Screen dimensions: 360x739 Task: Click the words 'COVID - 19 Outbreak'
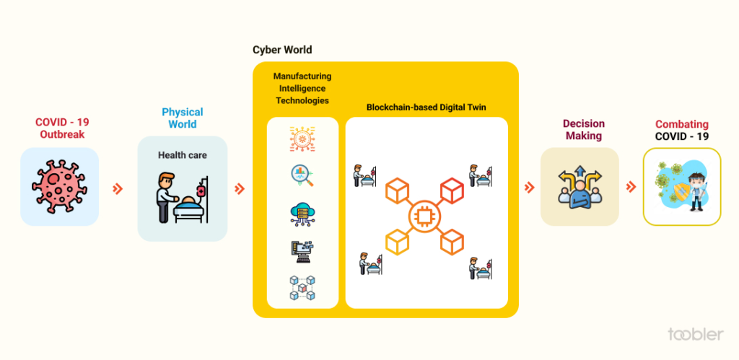[x=62, y=128]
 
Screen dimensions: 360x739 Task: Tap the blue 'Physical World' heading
[x=182, y=118]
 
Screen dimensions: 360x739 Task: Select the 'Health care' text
[x=182, y=155]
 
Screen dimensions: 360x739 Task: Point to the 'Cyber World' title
[x=282, y=50]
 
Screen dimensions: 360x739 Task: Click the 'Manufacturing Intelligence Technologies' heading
[x=302, y=88]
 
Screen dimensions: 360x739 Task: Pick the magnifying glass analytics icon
[x=302, y=175]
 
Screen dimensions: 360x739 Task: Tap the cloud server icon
[x=302, y=213]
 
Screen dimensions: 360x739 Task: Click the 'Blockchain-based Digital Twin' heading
[x=427, y=107]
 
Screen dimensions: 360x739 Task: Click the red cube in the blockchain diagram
[x=451, y=190]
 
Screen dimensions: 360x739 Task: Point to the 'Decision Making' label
[x=585, y=130]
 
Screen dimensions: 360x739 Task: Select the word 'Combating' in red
[x=681, y=125]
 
